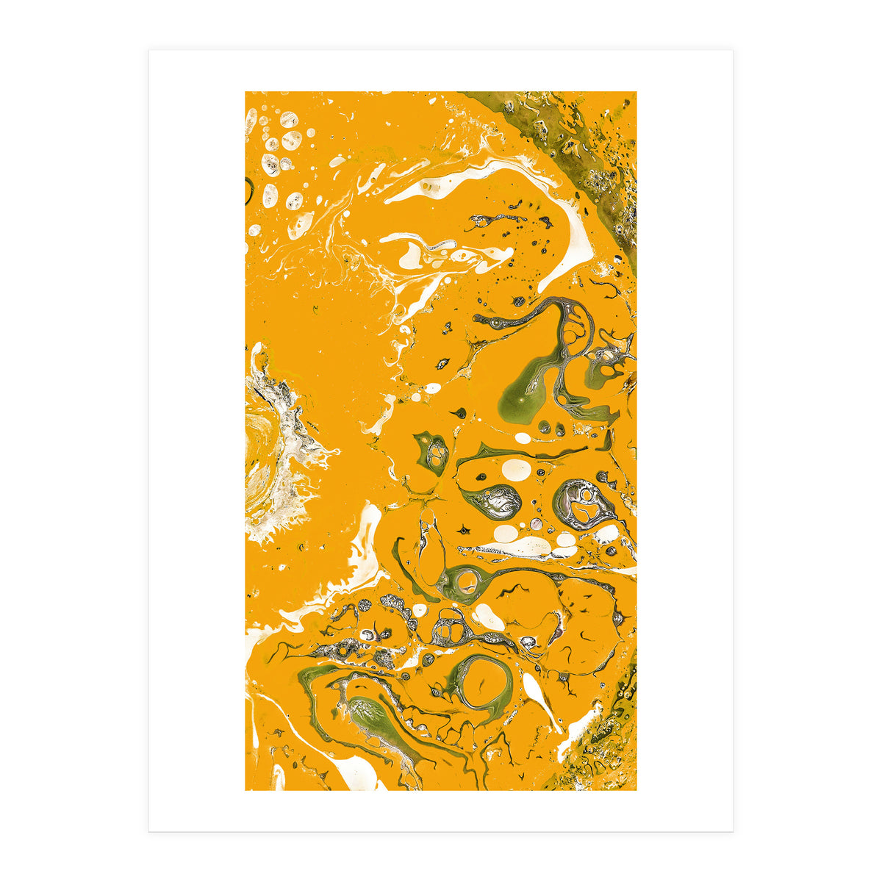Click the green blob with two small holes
click(x=434, y=452)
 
